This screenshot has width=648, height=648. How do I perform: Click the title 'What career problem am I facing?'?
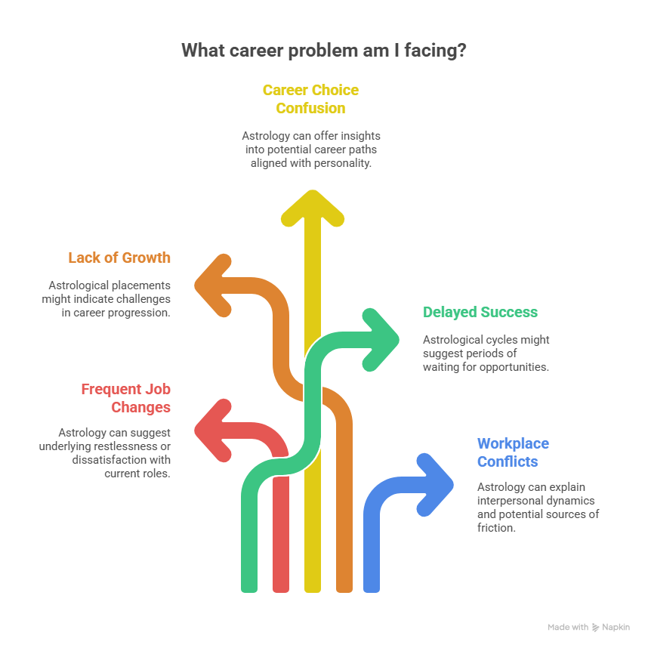(x=324, y=51)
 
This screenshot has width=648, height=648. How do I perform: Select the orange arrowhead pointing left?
(x=212, y=285)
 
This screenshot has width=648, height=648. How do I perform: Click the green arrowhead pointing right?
(x=381, y=330)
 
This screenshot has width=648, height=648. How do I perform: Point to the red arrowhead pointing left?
(x=212, y=431)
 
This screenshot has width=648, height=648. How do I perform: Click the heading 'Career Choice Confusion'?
(x=310, y=99)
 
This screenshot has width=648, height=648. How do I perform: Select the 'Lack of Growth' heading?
(x=119, y=258)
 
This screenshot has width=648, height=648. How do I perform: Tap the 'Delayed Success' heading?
(x=480, y=312)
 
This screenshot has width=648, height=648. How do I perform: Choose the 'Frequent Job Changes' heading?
(x=126, y=398)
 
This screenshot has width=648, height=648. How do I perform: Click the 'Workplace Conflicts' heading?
(x=513, y=452)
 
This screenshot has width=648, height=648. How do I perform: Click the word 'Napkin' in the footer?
(x=616, y=627)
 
